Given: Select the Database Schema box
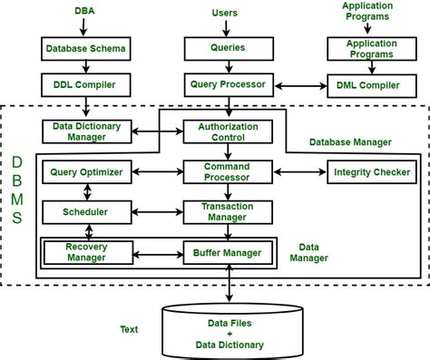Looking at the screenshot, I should [x=86, y=46].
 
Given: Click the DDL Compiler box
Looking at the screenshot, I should [x=86, y=84].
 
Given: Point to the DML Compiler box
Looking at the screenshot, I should [x=367, y=84].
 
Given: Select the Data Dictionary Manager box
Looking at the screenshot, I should [x=87, y=131].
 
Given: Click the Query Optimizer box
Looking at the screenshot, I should [x=87, y=170].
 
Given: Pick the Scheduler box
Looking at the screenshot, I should [x=87, y=211].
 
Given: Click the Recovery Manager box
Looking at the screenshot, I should [x=87, y=250].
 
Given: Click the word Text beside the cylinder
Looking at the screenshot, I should [x=129, y=329].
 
